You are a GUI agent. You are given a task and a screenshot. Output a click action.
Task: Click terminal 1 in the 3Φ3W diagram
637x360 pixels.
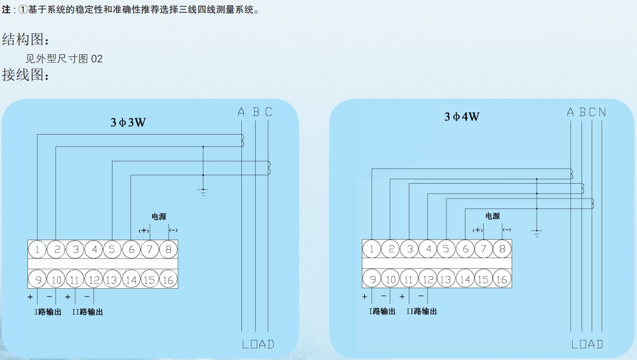pyautogui.click(x=38, y=249)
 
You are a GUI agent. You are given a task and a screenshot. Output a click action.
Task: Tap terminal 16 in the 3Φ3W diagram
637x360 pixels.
pyautogui.click(x=168, y=279)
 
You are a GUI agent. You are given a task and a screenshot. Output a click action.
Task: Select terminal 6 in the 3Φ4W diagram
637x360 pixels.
pyautogui.click(x=465, y=249)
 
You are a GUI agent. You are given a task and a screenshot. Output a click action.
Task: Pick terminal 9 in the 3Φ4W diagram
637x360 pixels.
pyautogui.click(x=372, y=279)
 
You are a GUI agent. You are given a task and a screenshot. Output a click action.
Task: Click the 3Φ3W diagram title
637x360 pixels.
pyautogui.click(x=128, y=122)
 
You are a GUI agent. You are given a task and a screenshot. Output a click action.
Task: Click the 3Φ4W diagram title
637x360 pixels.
pyautogui.click(x=462, y=117)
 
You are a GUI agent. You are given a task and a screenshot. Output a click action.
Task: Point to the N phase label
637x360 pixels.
pyautogui.click(x=602, y=112)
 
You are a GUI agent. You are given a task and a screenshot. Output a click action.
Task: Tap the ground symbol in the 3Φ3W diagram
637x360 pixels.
pyautogui.click(x=203, y=191)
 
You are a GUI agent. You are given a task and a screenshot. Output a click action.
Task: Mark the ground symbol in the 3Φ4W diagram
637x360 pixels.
pyautogui.click(x=537, y=232)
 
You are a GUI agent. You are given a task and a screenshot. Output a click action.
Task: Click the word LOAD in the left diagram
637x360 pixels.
pyautogui.click(x=258, y=344)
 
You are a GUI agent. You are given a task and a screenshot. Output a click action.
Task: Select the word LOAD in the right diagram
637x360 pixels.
pyautogui.click(x=587, y=344)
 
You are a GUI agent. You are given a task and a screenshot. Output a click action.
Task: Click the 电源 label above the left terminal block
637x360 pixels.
pyautogui.click(x=159, y=216)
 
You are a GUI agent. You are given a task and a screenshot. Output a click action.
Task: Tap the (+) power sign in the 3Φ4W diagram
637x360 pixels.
pyautogui.click(x=477, y=230)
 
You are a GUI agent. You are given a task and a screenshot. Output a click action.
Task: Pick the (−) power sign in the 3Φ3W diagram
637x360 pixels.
pyautogui.click(x=173, y=230)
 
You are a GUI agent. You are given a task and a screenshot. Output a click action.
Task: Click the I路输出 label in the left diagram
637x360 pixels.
pyautogui.click(x=48, y=312)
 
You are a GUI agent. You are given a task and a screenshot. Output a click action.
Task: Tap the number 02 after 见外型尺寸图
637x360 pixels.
pyautogui.click(x=97, y=59)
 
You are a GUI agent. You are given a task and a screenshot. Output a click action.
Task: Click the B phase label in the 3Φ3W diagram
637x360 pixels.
pyautogui.click(x=256, y=112)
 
